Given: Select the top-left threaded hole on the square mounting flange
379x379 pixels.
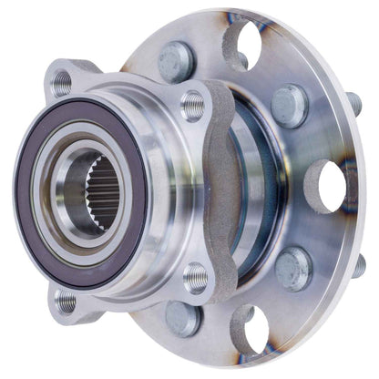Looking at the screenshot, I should tap(62, 83).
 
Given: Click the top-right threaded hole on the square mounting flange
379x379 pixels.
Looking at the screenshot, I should tap(192, 105).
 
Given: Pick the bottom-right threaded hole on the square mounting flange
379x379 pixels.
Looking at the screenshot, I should tap(196, 277).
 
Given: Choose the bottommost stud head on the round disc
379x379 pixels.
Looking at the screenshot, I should tap(182, 319).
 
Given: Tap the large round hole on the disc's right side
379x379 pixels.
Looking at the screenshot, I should tap(331, 186).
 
